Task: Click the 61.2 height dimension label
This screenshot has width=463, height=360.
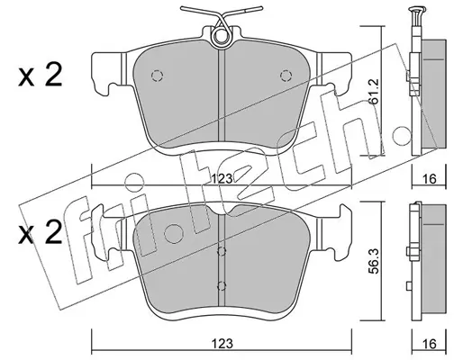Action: pyautogui.click(x=374, y=92)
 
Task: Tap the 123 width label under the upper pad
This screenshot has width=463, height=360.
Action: pyautogui.click(x=222, y=179)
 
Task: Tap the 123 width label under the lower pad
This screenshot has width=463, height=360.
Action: pyautogui.click(x=222, y=344)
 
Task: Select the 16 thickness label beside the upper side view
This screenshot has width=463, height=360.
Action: pyautogui.click(x=429, y=179)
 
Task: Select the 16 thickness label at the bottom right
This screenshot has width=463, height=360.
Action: pyautogui.click(x=429, y=344)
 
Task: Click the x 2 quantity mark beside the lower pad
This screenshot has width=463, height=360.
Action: pyautogui.click(x=41, y=232)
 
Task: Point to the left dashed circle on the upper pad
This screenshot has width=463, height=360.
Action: pyautogui.click(x=157, y=76)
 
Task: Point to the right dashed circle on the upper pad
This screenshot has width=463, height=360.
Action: pyautogui.click(x=286, y=76)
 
